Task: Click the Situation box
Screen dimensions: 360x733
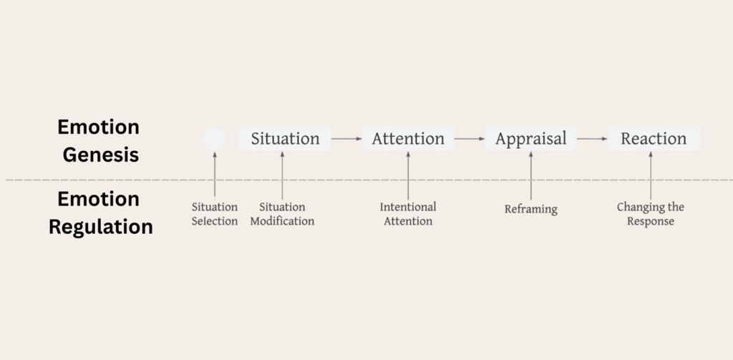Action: pos(285,139)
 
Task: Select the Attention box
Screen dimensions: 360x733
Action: pos(408,139)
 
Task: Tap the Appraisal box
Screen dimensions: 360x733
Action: pos(530,139)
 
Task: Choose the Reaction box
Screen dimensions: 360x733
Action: pos(653,139)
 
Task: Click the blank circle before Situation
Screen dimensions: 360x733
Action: pos(214,139)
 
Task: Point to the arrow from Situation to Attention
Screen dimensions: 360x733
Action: pos(347,139)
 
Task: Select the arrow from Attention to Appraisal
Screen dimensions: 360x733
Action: pos(470,139)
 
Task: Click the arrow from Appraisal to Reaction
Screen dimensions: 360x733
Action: pos(593,139)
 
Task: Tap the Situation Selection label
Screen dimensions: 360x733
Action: pos(214,214)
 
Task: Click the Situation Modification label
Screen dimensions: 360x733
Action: pos(282,214)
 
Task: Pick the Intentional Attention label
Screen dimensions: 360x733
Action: pos(408,214)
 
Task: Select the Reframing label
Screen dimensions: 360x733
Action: pos(530,210)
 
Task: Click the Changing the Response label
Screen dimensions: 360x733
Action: pos(651,214)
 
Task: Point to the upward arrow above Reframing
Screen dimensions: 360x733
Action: pos(530,175)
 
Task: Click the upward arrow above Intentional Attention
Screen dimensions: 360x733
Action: pos(408,175)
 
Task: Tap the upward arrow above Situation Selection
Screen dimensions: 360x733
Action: pos(214,175)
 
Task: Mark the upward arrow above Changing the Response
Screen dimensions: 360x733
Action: pos(651,175)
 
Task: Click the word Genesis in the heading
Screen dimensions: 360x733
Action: pos(101,155)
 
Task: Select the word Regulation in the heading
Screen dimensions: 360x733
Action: pos(101,227)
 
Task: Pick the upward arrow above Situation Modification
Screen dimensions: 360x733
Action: pos(282,175)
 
